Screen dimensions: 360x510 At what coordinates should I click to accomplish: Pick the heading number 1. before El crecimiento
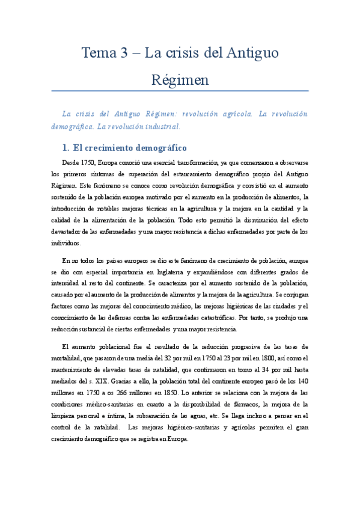67,147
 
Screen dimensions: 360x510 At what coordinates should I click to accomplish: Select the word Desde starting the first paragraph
71,162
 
